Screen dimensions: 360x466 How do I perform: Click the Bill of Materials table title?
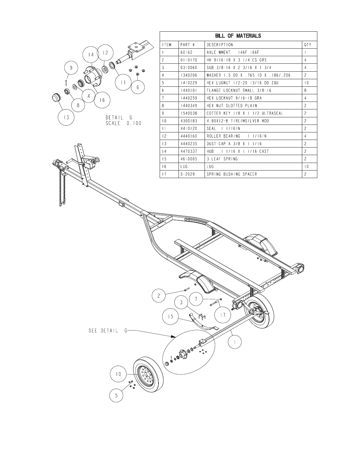pyautogui.click(x=238, y=36)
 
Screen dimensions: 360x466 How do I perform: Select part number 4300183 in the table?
pyautogui.click(x=189, y=121)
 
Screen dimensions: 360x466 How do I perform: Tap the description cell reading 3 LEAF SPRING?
pyautogui.click(x=222, y=159)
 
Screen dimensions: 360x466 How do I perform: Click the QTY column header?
pyautogui.click(x=308, y=45)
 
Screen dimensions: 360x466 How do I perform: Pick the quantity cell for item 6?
pyautogui.click(x=305, y=91)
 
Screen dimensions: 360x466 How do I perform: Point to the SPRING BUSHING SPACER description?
pyautogui.click(x=232, y=174)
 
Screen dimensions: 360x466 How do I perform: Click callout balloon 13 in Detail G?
pyautogui.click(x=66, y=117)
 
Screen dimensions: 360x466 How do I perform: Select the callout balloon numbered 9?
pyautogui.click(x=71, y=68)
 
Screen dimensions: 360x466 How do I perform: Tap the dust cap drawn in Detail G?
pyautogui.click(x=57, y=98)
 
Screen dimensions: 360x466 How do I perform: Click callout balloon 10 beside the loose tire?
pyautogui.click(x=118, y=374)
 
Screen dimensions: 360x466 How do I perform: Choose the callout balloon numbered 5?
pyautogui.click(x=116, y=395)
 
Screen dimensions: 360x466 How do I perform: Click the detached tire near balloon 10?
pyautogui.click(x=148, y=375)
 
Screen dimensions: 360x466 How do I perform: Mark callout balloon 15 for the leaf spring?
pyautogui.click(x=171, y=317)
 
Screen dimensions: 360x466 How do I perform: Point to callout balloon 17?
pyautogui.click(x=223, y=315)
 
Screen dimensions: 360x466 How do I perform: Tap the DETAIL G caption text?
pyautogui.click(x=119, y=118)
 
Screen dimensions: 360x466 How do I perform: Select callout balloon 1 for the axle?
pyautogui.click(x=235, y=342)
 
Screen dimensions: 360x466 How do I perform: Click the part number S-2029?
pyautogui.click(x=188, y=174)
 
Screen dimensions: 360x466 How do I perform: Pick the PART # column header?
pyautogui.click(x=188, y=45)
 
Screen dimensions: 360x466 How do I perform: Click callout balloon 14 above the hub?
pyautogui.click(x=91, y=55)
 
